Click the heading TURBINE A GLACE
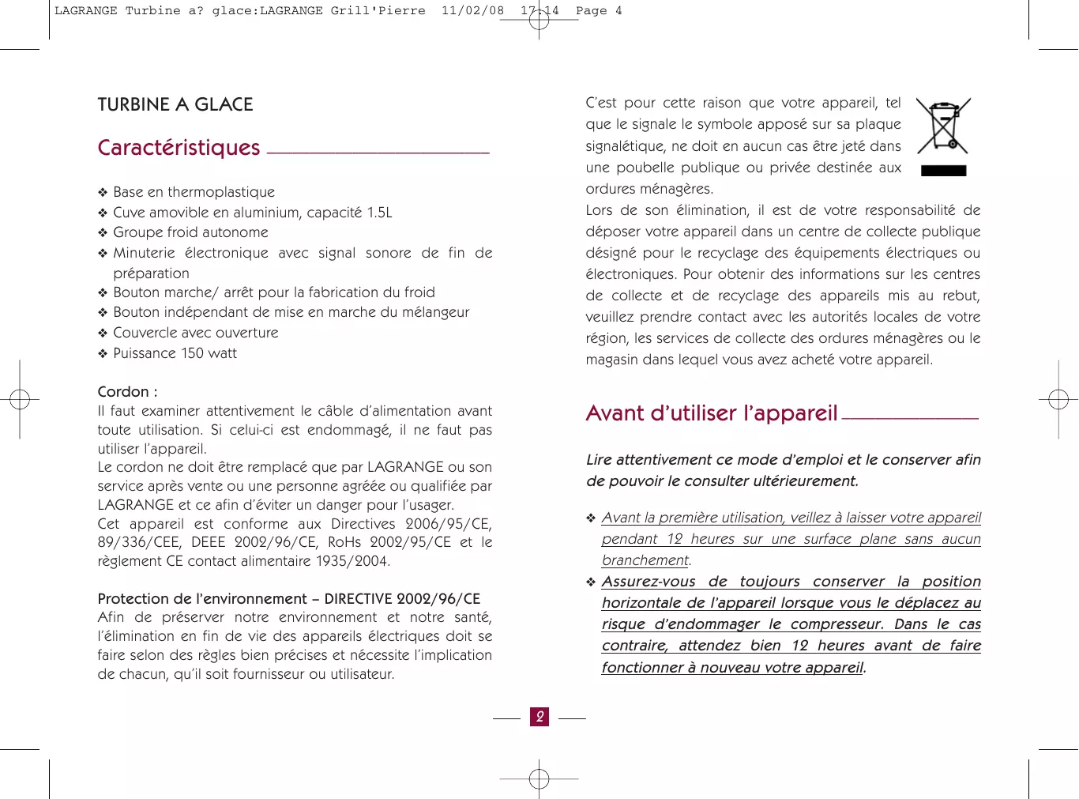175,104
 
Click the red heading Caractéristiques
179,148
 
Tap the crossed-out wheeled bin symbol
943,126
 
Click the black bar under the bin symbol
944,171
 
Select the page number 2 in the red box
539,717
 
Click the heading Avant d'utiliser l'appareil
711,413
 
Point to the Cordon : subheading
127,392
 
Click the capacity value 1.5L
379,213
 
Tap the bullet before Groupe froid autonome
103,233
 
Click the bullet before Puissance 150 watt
103,354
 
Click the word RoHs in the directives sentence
344,542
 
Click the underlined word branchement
645,560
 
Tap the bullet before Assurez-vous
591,582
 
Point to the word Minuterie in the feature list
144,253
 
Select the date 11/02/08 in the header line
472,11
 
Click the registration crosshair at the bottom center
539,779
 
